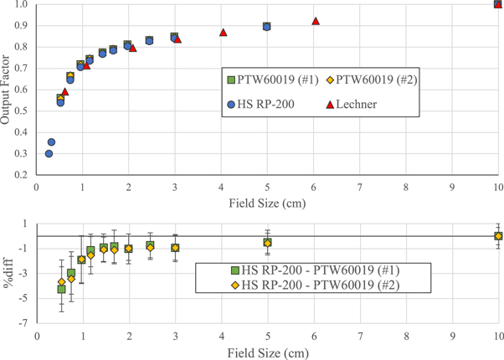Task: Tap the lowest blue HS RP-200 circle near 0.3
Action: pyautogui.click(x=49, y=154)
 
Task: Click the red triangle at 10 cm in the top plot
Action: pyautogui.click(x=499, y=4)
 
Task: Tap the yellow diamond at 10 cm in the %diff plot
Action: pyautogui.click(x=499, y=237)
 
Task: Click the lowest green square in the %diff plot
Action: pyautogui.click(x=61, y=289)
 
